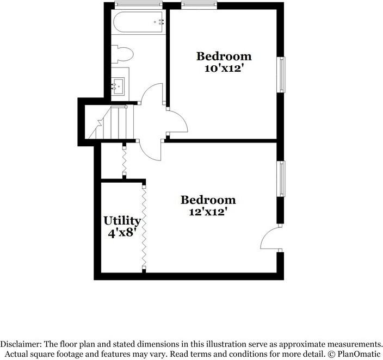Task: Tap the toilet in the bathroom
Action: pos(125,54)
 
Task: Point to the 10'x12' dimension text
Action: pos(224,69)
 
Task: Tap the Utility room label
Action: pos(122,221)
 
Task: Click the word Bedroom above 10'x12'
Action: pos(224,56)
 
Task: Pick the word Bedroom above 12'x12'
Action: pos(208,200)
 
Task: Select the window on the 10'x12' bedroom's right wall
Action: pos(281,75)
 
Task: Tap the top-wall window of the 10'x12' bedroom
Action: pos(199,5)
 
